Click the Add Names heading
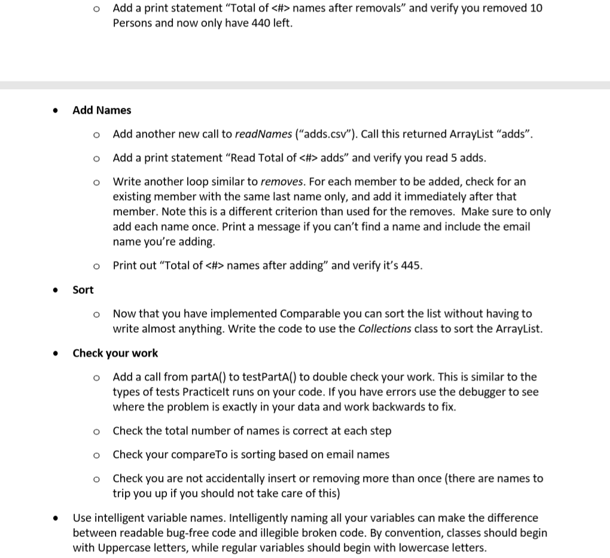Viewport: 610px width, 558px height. pos(102,110)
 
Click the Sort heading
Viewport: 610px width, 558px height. pos(83,290)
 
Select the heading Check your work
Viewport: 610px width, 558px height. pos(115,353)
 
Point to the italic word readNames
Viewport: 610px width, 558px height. pos(260,134)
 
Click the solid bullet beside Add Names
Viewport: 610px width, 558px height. pos(55,111)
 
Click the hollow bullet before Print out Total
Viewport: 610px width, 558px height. pos(95,266)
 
